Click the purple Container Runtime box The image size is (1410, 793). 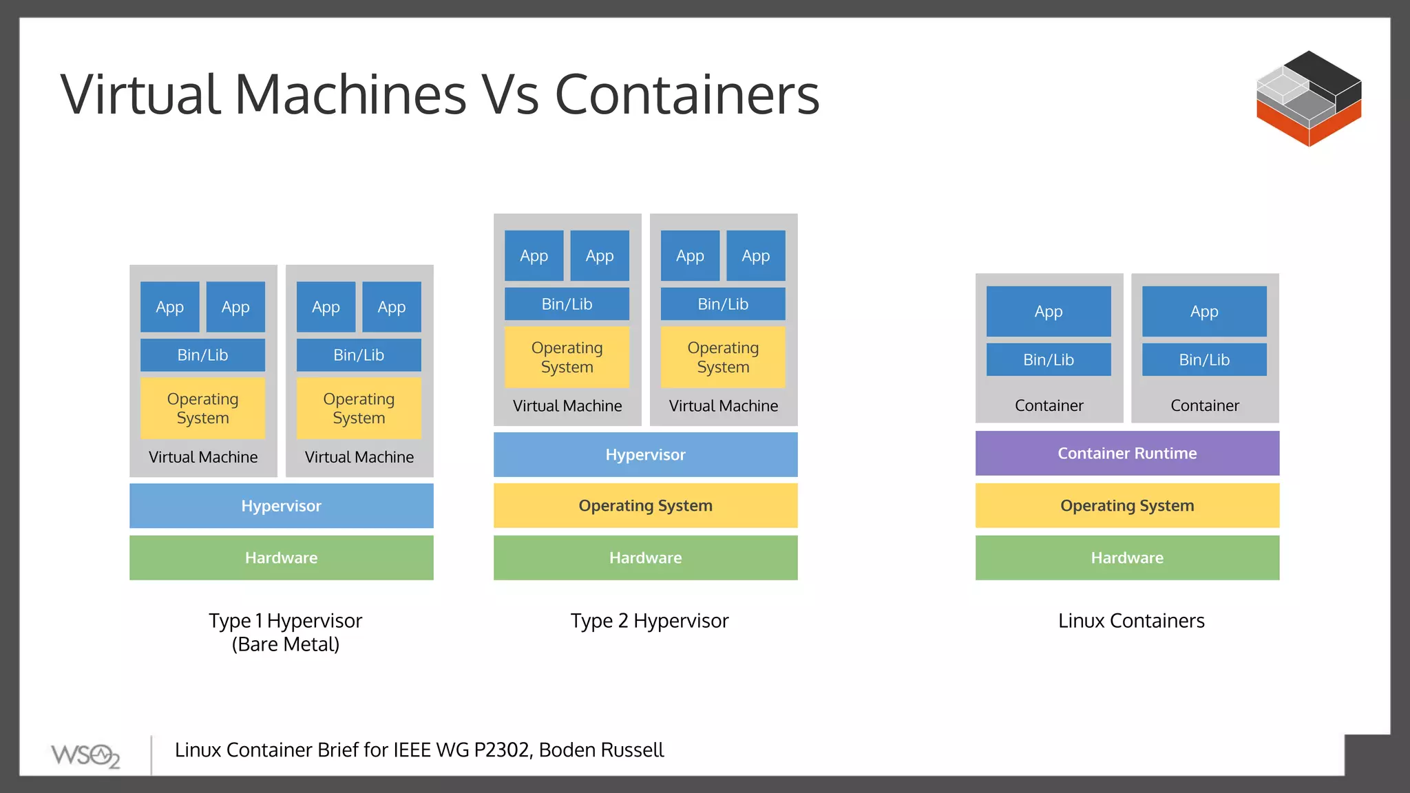point(1127,453)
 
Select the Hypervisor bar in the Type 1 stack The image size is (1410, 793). point(281,506)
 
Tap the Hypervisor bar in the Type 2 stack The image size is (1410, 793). point(645,454)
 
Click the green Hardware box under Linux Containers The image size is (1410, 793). point(1127,558)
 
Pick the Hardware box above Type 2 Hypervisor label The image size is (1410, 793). point(645,558)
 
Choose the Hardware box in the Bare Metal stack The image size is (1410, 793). point(281,558)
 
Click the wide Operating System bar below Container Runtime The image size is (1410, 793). point(1127,505)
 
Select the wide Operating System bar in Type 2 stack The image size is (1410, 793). point(645,505)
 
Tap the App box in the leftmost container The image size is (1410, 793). point(1048,311)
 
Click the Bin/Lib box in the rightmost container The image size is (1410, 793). point(1204,359)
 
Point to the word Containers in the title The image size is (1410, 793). point(686,94)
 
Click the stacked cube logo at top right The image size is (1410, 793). point(1308,98)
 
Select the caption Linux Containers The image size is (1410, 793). point(1131,621)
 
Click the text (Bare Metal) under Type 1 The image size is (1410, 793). point(285,645)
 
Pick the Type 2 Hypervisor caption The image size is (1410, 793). point(649,621)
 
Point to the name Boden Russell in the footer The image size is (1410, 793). point(601,750)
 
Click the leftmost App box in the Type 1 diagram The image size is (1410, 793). point(169,307)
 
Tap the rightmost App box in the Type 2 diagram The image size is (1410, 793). point(755,256)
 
